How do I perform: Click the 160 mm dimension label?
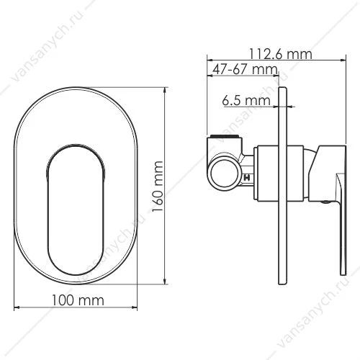click(158, 186)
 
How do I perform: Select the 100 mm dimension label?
click(78, 300)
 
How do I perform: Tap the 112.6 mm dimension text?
click(281, 54)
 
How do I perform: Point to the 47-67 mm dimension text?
click(245, 69)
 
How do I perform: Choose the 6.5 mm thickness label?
click(246, 100)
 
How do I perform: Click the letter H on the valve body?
click(247, 178)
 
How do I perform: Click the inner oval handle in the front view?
click(76, 210)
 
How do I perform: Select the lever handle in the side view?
click(341, 224)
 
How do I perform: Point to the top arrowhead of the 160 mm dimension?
click(165, 90)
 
